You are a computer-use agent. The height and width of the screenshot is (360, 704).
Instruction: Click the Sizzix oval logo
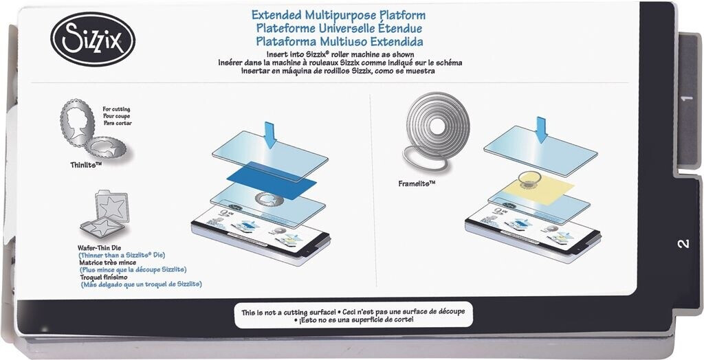coord(93,39)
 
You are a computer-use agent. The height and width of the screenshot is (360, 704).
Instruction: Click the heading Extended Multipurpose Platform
coord(338,15)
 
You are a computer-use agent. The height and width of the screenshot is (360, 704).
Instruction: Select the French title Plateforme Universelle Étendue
coord(339,29)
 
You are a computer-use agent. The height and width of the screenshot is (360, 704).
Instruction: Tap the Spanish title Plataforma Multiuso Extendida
coord(340,42)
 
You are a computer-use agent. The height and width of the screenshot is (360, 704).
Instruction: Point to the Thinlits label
coord(83,165)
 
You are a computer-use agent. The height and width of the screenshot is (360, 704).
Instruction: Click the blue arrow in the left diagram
coord(269,135)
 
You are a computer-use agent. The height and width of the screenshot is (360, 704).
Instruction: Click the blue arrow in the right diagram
coord(542,130)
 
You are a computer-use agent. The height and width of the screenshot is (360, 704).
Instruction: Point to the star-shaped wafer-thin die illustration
coord(104,214)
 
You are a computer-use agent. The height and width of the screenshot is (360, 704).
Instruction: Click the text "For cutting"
coord(116,109)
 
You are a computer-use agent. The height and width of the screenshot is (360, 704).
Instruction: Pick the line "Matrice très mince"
coord(108,262)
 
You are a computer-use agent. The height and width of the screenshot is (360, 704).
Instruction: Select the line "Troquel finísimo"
coord(103,277)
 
